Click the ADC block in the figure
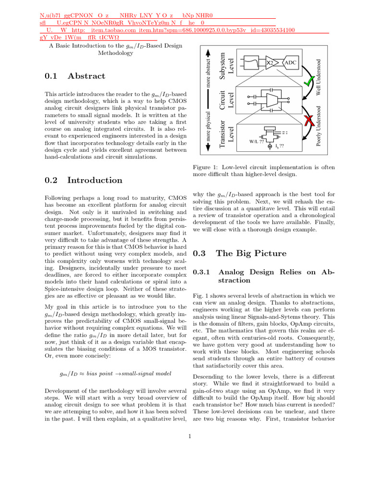click(x=291, y=62)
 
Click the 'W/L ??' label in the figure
click(x=257, y=142)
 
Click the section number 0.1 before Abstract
click(x=51, y=76)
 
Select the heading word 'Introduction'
click(x=95, y=180)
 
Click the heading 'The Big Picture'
click(x=251, y=253)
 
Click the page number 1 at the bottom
click(x=190, y=436)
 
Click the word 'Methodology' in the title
click(x=115, y=53)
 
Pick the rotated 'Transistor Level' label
click(x=226, y=130)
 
